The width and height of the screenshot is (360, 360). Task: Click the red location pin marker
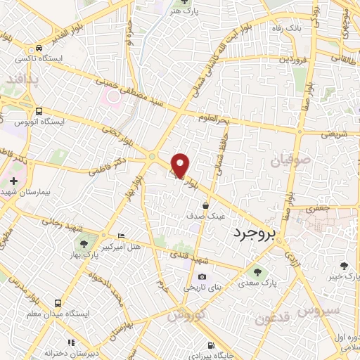click(181, 165)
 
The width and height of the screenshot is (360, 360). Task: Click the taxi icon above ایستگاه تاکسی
click(41, 48)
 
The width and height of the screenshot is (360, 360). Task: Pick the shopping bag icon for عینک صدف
click(205, 206)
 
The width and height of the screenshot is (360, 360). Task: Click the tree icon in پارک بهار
click(84, 244)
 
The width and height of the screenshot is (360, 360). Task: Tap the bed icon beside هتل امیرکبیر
click(122, 235)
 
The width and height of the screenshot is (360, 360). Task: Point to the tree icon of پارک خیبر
click(344, 265)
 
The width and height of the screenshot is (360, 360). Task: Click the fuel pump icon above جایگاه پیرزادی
click(210, 345)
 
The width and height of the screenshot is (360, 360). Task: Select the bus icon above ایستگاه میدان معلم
click(69, 303)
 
